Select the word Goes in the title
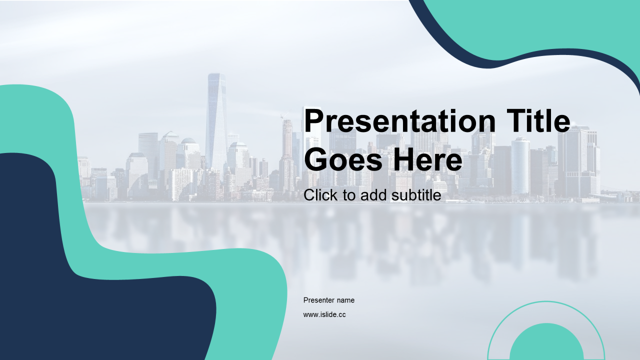click(343, 159)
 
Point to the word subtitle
click(416, 195)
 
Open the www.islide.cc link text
click(324, 314)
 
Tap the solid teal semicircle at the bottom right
click(546, 343)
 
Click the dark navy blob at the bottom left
click(85, 300)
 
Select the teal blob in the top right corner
click(543, 25)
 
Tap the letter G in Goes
click(315, 159)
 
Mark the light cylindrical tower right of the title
click(520, 165)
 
